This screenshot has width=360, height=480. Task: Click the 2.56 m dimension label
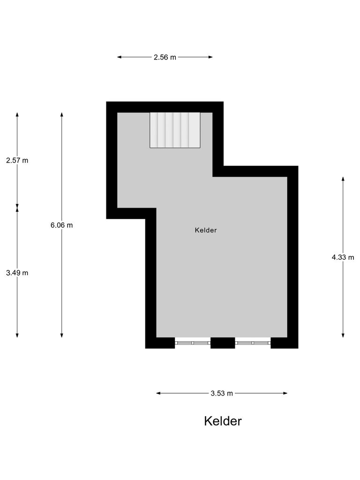click(x=165, y=57)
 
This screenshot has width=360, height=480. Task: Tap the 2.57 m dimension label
click(x=17, y=160)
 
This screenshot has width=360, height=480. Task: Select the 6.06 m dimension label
click(x=62, y=225)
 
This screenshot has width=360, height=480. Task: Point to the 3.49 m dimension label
click(x=17, y=273)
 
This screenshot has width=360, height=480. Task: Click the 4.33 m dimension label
click(x=343, y=257)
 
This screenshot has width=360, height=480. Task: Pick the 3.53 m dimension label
click(x=222, y=393)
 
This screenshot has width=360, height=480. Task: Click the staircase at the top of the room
click(x=175, y=130)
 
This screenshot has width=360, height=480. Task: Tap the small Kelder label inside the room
click(x=206, y=230)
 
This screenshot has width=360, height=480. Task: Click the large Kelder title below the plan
click(x=223, y=421)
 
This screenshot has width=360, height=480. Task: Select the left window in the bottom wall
click(x=193, y=343)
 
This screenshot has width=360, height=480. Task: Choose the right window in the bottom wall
click(x=253, y=343)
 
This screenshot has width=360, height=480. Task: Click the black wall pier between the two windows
click(x=223, y=343)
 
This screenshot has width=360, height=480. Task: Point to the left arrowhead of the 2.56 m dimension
click(x=119, y=57)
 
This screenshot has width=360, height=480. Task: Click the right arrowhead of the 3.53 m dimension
click(x=285, y=393)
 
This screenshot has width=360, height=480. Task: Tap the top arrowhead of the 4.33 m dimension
click(x=343, y=179)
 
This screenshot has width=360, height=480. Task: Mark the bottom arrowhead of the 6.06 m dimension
click(x=62, y=335)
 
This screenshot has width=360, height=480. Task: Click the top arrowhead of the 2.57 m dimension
click(x=17, y=114)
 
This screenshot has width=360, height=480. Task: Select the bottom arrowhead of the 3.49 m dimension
click(x=17, y=335)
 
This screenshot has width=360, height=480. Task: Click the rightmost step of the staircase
click(x=195, y=130)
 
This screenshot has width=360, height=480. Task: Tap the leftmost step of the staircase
click(x=154, y=130)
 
